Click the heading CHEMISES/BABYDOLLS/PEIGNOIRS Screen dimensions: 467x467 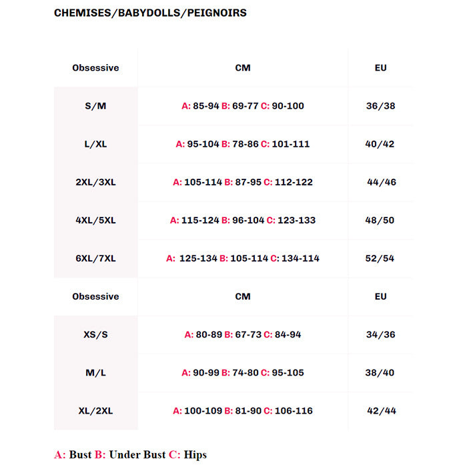click(150, 13)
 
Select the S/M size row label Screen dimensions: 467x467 click(95, 106)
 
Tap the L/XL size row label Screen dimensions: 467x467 click(95, 144)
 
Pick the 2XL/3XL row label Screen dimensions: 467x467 click(95, 182)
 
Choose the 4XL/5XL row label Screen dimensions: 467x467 click(95, 220)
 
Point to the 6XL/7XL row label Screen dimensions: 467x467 click(95, 258)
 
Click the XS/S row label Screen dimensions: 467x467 click(95, 334)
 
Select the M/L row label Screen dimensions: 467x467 click(95, 373)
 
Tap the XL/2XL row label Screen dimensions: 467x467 click(95, 411)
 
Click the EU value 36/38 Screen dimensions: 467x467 click(381, 106)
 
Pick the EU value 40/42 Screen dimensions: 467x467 click(381, 144)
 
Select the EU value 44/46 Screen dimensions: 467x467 click(382, 182)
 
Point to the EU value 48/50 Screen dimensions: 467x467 click(381, 220)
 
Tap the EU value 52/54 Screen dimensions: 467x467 click(381, 258)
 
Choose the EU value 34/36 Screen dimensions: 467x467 click(381, 334)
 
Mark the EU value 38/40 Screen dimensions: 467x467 click(381, 373)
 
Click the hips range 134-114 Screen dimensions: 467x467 click(300, 258)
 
